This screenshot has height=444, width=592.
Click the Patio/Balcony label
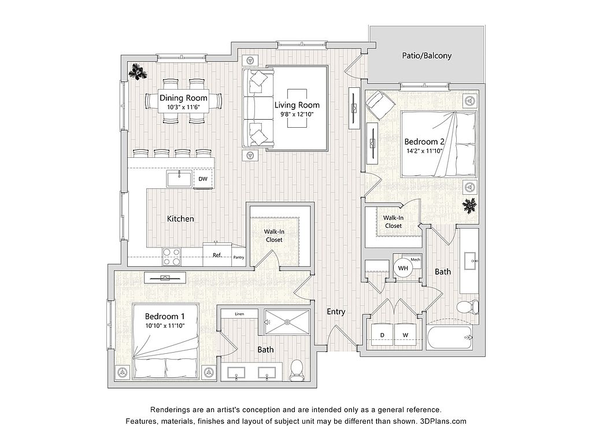point(427,56)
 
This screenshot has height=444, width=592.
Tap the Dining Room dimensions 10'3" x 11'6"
point(183,107)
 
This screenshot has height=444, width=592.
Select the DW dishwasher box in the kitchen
point(203,179)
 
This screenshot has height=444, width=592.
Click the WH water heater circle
point(402,268)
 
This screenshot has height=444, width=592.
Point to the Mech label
point(415,258)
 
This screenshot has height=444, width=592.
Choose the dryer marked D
point(382,335)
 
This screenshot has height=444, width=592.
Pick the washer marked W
point(405,335)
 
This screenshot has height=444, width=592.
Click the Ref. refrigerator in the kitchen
point(217,255)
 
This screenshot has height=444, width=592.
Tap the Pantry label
point(239,257)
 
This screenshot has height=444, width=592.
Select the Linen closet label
point(239,314)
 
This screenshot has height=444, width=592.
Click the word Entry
point(336,312)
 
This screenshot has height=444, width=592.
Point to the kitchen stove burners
point(171,256)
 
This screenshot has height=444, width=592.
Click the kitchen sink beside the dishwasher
point(180,179)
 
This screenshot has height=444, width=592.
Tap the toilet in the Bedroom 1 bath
point(297,369)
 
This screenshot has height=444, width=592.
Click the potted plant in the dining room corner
point(138,72)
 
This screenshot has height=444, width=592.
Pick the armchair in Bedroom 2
point(379,103)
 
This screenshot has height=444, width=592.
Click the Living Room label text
point(297,105)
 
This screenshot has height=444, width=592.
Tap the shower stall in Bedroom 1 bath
point(287,319)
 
